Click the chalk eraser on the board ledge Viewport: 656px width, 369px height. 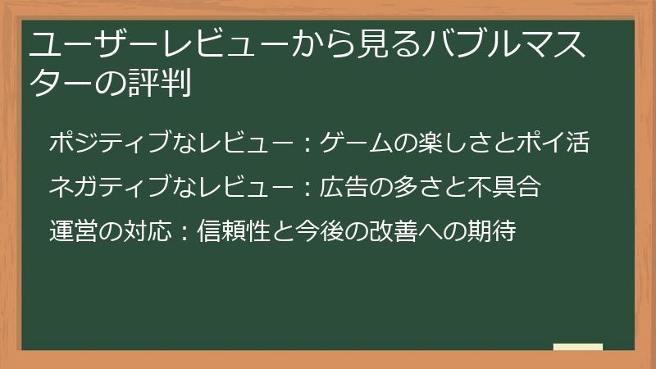click(x=577, y=347)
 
